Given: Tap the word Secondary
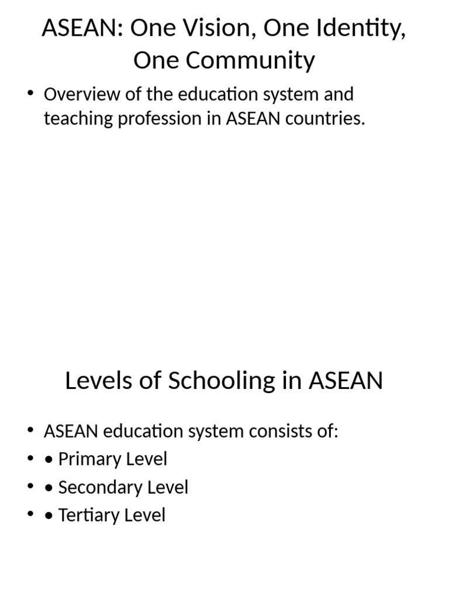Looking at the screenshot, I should (x=97, y=487).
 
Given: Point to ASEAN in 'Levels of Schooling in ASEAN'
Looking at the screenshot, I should (x=346, y=381).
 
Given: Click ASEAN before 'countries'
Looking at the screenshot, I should (x=253, y=119).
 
